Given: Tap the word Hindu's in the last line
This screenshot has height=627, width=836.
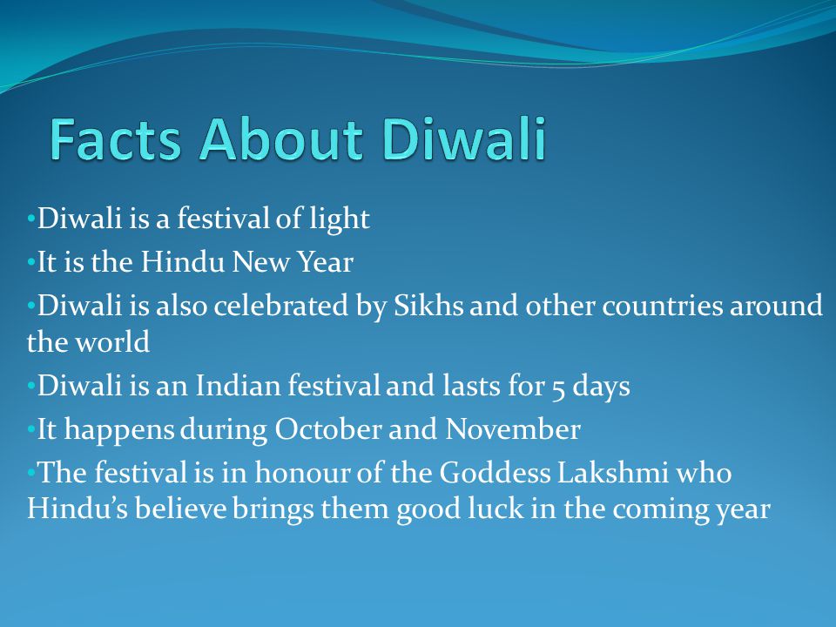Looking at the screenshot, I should point(72,509).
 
